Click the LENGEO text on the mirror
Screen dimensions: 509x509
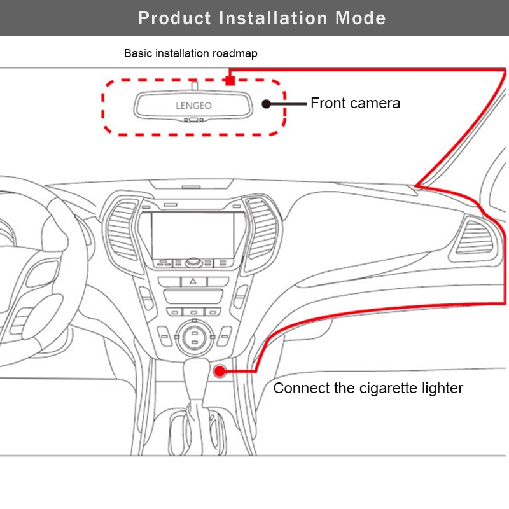coord(193,106)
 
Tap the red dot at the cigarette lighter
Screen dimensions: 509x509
coord(220,371)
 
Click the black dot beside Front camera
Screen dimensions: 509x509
coord(266,104)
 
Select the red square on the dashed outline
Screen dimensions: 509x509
coord(230,80)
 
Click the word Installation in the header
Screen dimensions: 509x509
coord(273,18)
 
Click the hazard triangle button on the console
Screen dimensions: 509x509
coord(193,281)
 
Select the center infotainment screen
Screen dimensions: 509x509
coord(193,235)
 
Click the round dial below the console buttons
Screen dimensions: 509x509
coord(194,338)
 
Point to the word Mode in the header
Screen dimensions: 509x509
coord(361,18)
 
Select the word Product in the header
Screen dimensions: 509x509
coord(174,18)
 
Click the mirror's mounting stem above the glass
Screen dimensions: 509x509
coord(195,86)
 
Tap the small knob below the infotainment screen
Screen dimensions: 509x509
coord(193,262)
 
